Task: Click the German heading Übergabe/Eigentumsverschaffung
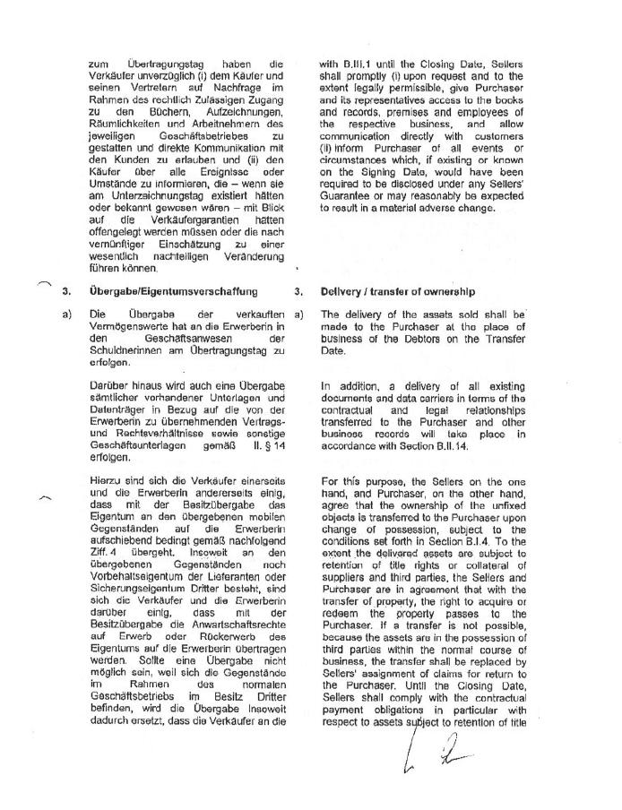(168, 292)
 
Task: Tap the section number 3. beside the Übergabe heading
(66, 292)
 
